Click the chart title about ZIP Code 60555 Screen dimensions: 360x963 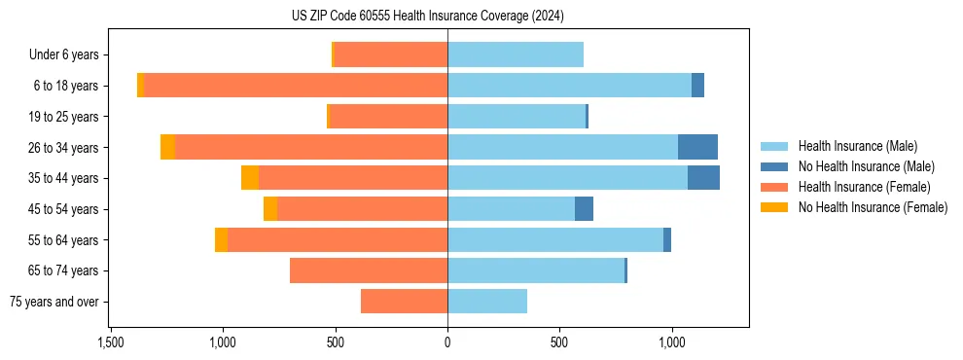(x=427, y=16)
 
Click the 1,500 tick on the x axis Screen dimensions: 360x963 (x=111, y=342)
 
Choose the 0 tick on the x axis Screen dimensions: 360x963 (x=447, y=342)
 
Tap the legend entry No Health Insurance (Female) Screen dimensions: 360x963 (x=872, y=207)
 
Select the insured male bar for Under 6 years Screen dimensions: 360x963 (x=516, y=54)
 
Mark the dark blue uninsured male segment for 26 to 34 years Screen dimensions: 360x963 (x=697, y=147)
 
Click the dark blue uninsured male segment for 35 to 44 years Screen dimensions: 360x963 (x=703, y=178)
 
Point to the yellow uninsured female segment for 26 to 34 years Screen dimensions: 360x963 (x=167, y=147)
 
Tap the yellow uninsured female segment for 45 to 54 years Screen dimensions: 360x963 (x=270, y=209)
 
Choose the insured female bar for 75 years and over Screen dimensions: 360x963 (x=404, y=302)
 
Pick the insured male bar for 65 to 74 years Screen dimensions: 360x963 (x=536, y=270)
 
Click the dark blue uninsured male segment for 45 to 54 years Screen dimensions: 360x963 (x=584, y=209)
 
